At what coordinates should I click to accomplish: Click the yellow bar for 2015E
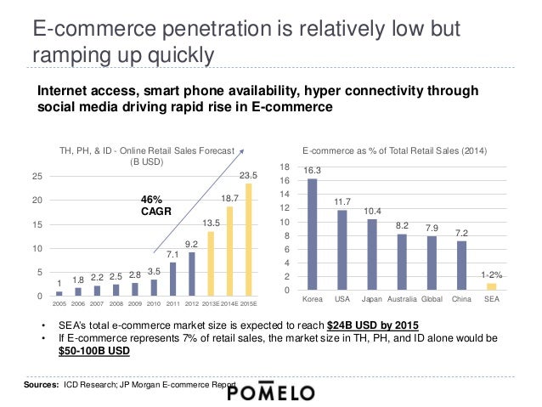249,240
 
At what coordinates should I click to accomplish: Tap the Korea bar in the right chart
313,235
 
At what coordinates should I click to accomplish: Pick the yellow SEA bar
491,286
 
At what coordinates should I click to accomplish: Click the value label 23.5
247,175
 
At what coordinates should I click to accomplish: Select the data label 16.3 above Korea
313,170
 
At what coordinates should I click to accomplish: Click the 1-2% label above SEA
490,274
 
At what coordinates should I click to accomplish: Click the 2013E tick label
211,303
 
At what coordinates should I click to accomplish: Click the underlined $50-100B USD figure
94,352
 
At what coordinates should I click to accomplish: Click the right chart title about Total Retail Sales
394,150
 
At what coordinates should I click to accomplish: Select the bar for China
461,266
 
